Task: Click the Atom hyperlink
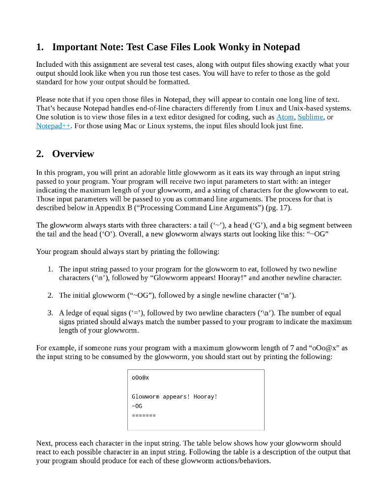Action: pos(285,117)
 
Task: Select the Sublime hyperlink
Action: pos(310,117)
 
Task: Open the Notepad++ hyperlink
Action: pos(54,126)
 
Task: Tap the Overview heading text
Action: pos(73,154)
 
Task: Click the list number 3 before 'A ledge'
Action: pos(50,313)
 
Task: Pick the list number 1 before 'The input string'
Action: pos(50,269)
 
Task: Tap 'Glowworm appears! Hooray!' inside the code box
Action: pos(175,396)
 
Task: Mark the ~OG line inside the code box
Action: pos(137,406)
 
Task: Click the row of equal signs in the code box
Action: pos(144,416)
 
